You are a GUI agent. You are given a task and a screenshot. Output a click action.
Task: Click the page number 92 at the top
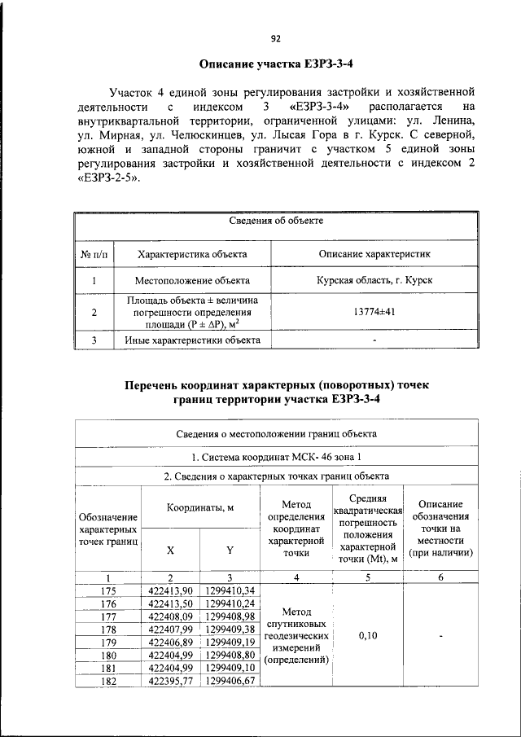tap(275, 38)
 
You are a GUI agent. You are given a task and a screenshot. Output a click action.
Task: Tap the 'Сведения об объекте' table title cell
tap(276, 222)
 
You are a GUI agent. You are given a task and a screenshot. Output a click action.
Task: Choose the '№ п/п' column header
tap(94, 255)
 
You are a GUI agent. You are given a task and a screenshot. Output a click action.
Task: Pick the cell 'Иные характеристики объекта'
tap(192, 340)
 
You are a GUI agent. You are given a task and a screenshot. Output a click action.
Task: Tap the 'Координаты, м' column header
tap(200, 507)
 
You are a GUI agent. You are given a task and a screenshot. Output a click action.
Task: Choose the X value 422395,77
tap(171, 681)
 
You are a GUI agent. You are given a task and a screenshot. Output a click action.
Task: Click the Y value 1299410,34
tap(230, 590)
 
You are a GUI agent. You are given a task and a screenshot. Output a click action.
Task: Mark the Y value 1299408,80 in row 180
tap(230, 655)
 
